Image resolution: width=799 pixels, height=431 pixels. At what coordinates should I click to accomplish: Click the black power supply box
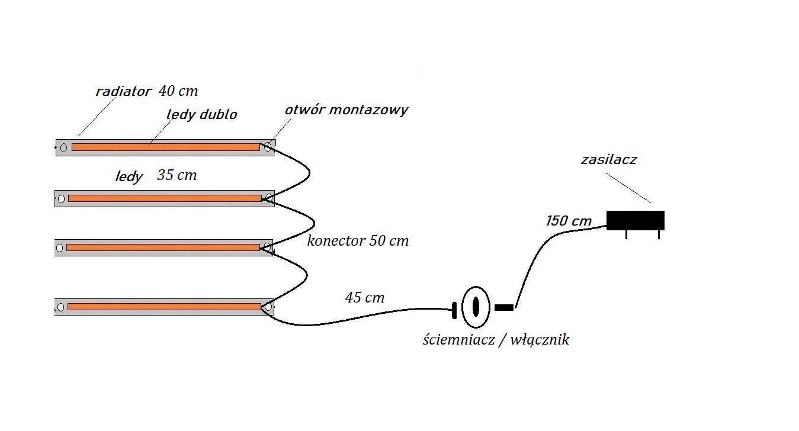click(635, 220)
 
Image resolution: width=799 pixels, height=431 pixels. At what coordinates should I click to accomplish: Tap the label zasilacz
click(608, 159)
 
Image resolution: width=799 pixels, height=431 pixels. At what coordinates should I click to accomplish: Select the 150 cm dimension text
click(569, 221)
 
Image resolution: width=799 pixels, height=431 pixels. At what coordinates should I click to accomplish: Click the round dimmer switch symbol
click(475, 307)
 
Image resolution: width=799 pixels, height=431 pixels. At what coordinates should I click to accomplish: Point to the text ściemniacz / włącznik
click(496, 340)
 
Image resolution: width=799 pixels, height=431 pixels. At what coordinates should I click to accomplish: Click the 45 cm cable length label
click(364, 297)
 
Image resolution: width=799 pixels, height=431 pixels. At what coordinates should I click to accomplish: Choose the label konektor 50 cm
click(358, 241)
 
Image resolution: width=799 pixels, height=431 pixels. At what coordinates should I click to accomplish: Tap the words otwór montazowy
click(346, 110)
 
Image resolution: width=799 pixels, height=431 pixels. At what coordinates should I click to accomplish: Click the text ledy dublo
click(201, 114)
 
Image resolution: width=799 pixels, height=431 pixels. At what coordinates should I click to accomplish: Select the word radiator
click(124, 92)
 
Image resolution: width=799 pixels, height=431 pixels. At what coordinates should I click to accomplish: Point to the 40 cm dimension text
click(178, 91)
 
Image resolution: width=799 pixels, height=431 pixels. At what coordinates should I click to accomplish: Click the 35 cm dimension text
click(177, 175)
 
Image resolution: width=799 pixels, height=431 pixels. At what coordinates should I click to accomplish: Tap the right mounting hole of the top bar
click(268, 146)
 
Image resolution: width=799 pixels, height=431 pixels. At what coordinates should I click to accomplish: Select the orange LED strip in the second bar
click(165, 198)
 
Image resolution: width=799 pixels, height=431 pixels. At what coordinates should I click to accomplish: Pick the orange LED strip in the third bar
click(163, 247)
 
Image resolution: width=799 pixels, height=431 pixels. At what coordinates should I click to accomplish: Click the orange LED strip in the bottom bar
click(164, 307)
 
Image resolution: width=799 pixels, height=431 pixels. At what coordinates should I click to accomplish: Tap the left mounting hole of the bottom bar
click(60, 307)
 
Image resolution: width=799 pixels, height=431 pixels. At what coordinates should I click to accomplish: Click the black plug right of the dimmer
click(503, 307)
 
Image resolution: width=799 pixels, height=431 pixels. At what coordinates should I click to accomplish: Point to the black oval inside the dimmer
click(475, 307)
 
